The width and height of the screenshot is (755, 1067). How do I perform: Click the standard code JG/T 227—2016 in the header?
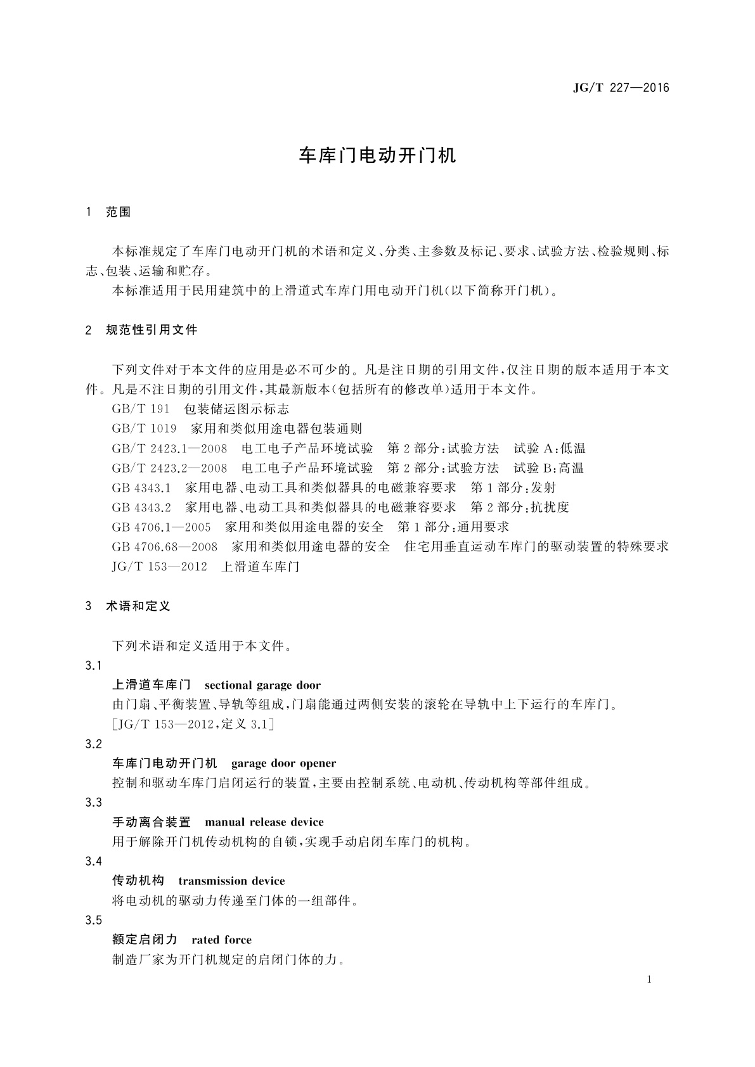coord(621,88)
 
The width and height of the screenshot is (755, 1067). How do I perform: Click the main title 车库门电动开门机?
coord(377,156)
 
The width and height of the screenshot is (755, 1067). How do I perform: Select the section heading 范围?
coord(119,212)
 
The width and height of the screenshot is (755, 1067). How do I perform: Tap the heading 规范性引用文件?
coord(152,330)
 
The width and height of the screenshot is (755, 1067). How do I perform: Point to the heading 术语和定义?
coord(138,606)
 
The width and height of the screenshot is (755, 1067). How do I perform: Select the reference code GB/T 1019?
coord(144,429)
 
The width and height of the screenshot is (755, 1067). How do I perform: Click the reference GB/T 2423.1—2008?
coord(169,449)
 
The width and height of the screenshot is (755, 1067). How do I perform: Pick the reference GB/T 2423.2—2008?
coord(169,468)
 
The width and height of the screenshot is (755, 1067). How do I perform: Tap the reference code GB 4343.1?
coord(141,488)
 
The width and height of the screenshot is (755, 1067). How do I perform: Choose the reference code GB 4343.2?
coord(141,508)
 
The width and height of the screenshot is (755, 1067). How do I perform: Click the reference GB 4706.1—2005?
coord(161,527)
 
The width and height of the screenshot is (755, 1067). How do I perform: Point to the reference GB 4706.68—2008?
coord(164,547)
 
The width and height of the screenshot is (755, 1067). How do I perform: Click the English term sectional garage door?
coord(262,686)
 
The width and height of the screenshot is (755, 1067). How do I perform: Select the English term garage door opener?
coord(283,764)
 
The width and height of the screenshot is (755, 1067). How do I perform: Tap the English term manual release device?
coord(264,822)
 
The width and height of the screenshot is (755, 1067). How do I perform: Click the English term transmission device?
coord(231,881)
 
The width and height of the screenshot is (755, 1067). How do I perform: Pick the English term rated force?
coord(221,940)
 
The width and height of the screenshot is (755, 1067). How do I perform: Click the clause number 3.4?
coord(93,862)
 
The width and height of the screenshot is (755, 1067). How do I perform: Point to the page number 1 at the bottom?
coord(649,980)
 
